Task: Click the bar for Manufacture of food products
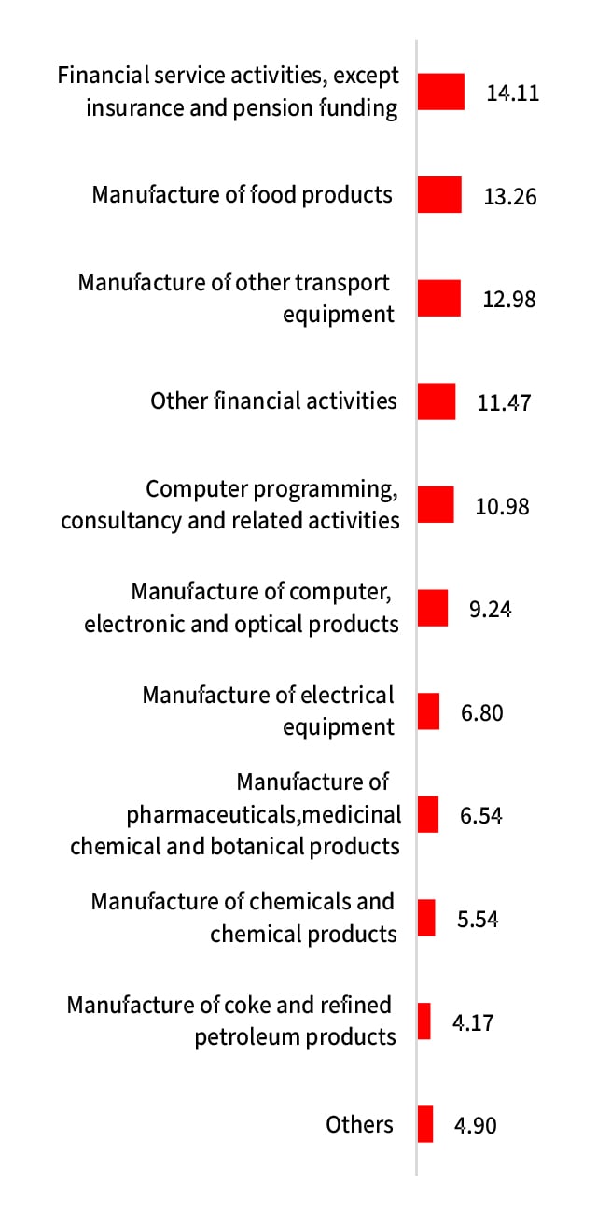(x=439, y=195)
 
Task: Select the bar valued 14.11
(x=441, y=92)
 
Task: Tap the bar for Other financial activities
(x=437, y=401)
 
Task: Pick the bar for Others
(x=425, y=1124)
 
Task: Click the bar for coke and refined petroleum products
(x=424, y=1021)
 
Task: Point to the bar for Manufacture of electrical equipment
(x=428, y=711)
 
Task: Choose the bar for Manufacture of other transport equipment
(x=439, y=298)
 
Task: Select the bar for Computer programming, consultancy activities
(x=436, y=504)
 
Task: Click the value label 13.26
(x=510, y=197)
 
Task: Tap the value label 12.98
(x=509, y=300)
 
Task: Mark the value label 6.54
(x=482, y=815)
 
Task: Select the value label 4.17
(x=473, y=1022)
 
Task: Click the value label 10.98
(x=502, y=506)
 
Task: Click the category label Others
(x=360, y=1125)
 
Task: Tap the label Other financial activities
(x=273, y=401)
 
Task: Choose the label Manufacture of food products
(x=242, y=194)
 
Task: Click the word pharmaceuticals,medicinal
(x=264, y=814)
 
